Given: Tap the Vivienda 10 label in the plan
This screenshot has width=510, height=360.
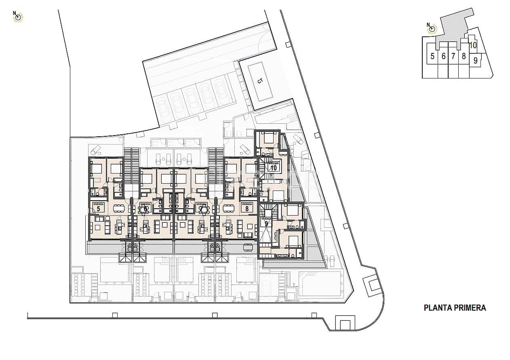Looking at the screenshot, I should [x=274, y=165].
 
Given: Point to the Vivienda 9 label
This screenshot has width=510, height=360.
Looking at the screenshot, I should [x=266, y=221].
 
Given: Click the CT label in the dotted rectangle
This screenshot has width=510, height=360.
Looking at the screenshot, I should [x=260, y=80].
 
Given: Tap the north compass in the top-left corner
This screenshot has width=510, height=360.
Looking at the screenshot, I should [x=18, y=17].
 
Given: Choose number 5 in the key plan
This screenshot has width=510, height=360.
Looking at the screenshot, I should [x=432, y=57].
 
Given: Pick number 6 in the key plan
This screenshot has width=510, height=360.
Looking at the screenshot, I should [x=443, y=57].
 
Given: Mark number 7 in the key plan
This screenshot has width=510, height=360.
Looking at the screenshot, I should [x=453, y=57].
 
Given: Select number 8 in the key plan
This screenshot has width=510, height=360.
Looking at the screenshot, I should [x=464, y=57].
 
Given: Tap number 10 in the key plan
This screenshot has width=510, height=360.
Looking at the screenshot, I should [x=473, y=45].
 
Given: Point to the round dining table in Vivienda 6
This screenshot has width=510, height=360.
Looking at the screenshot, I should [x=143, y=210].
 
